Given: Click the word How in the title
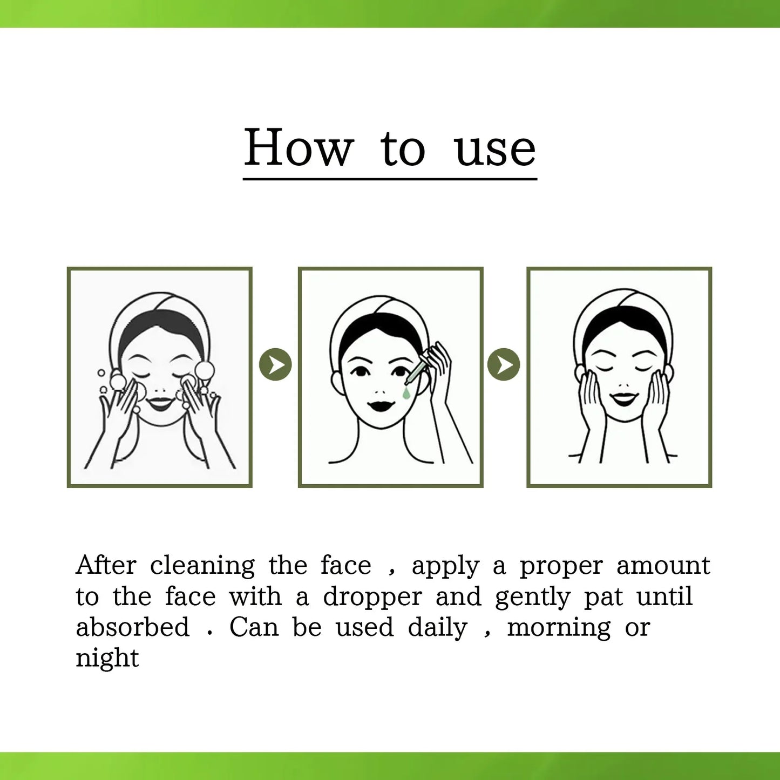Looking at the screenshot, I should [x=299, y=148].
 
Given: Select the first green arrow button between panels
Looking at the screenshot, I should [x=275, y=365].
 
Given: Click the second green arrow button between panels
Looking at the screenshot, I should [x=504, y=364].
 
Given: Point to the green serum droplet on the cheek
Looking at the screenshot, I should [x=406, y=394].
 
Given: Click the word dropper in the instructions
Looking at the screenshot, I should [x=372, y=597].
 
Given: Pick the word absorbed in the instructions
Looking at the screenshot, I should [x=133, y=627].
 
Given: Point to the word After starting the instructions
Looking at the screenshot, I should [x=106, y=565].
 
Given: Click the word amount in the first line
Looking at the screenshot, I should [x=663, y=566].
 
